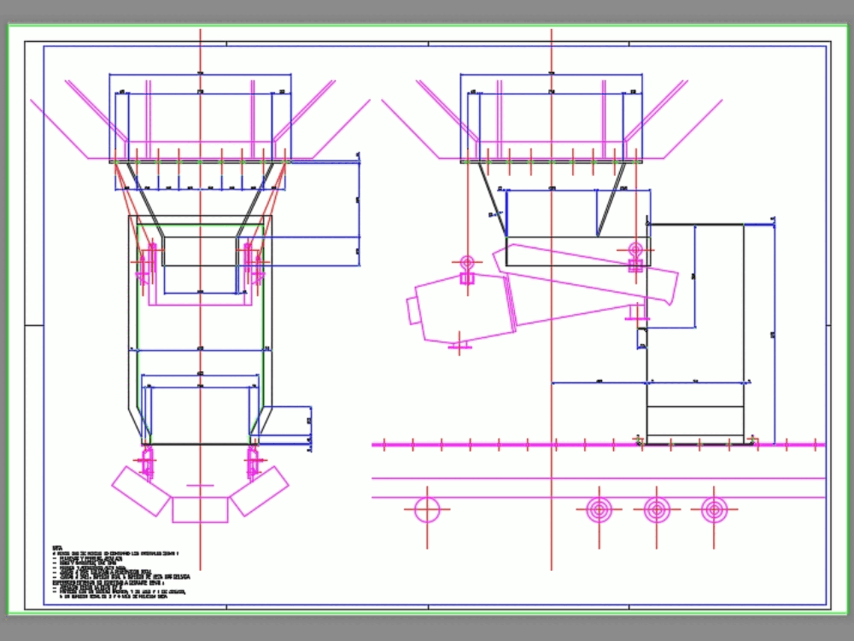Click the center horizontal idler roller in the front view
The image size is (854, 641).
[200, 510]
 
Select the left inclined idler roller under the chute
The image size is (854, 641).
[141, 491]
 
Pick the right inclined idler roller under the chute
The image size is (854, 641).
[260, 491]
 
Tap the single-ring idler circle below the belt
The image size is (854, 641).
[427, 510]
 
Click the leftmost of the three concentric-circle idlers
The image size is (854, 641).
[600, 510]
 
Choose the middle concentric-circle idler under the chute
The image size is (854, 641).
[656, 510]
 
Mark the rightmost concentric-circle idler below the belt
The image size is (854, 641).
[714, 510]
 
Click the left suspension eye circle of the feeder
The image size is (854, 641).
[466, 262]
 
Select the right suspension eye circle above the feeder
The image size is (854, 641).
[635, 249]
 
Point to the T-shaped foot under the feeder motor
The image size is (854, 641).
[459, 346]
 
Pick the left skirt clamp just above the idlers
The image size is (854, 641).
[149, 460]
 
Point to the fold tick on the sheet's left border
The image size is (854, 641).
[34, 325]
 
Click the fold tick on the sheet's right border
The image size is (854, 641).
[826, 325]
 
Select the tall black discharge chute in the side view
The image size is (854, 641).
[694, 333]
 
